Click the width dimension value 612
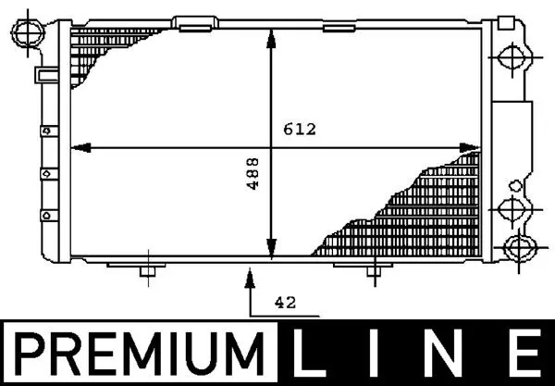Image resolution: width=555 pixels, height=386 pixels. (x=301, y=131)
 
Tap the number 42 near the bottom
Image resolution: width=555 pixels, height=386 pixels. (x=287, y=302)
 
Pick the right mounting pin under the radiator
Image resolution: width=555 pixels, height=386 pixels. (x=371, y=270)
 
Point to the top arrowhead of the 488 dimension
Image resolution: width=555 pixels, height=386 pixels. (x=271, y=36)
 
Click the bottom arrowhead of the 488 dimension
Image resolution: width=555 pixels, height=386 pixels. (x=271, y=251)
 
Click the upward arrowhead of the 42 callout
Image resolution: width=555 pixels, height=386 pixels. (x=250, y=272)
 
